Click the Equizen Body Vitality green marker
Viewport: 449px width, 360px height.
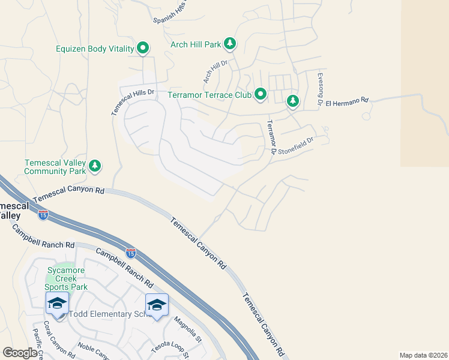point(143,47)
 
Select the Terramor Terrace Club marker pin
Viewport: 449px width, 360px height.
point(261,94)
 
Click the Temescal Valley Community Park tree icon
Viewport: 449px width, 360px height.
point(94,166)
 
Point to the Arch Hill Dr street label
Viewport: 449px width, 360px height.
point(215,71)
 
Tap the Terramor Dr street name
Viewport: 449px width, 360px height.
point(270,138)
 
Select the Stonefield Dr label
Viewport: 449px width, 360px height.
point(297,142)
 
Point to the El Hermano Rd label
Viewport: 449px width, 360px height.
point(349,101)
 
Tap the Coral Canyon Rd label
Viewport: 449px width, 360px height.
point(62,343)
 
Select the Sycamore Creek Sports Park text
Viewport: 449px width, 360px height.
point(67,278)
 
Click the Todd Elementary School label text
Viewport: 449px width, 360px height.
point(107,314)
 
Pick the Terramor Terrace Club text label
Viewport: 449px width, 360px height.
point(209,95)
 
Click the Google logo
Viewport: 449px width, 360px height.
point(20,353)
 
